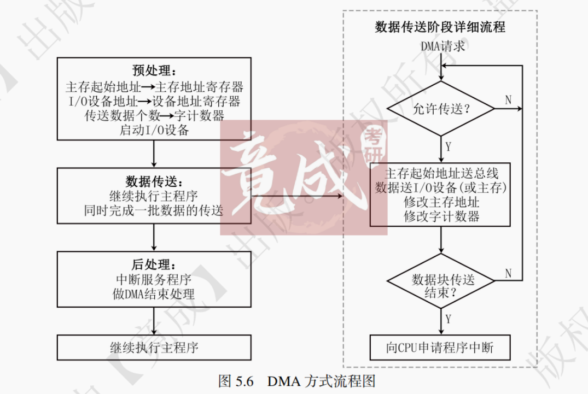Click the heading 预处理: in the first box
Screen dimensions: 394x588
[x=154, y=70]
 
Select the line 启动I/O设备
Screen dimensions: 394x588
[x=154, y=130]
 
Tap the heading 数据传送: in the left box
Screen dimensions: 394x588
[x=154, y=181]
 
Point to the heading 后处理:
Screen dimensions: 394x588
[x=154, y=265]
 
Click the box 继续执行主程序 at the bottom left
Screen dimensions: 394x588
[x=154, y=348]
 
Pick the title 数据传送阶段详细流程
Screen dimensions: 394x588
[x=440, y=27]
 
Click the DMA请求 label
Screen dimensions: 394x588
[x=443, y=46]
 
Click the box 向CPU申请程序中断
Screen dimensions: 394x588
[x=440, y=348]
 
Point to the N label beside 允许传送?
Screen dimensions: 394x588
[x=508, y=100]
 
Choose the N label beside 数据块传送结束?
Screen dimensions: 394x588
[x=508, y=274]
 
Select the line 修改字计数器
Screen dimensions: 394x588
[x=441, y=216]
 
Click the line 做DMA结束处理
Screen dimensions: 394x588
[x=154, y=294]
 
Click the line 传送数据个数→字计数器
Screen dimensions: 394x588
[x=154, y=116]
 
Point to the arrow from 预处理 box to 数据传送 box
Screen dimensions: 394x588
[x=154, y=155]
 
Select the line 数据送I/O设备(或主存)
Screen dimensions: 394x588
[x=441, y=188]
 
